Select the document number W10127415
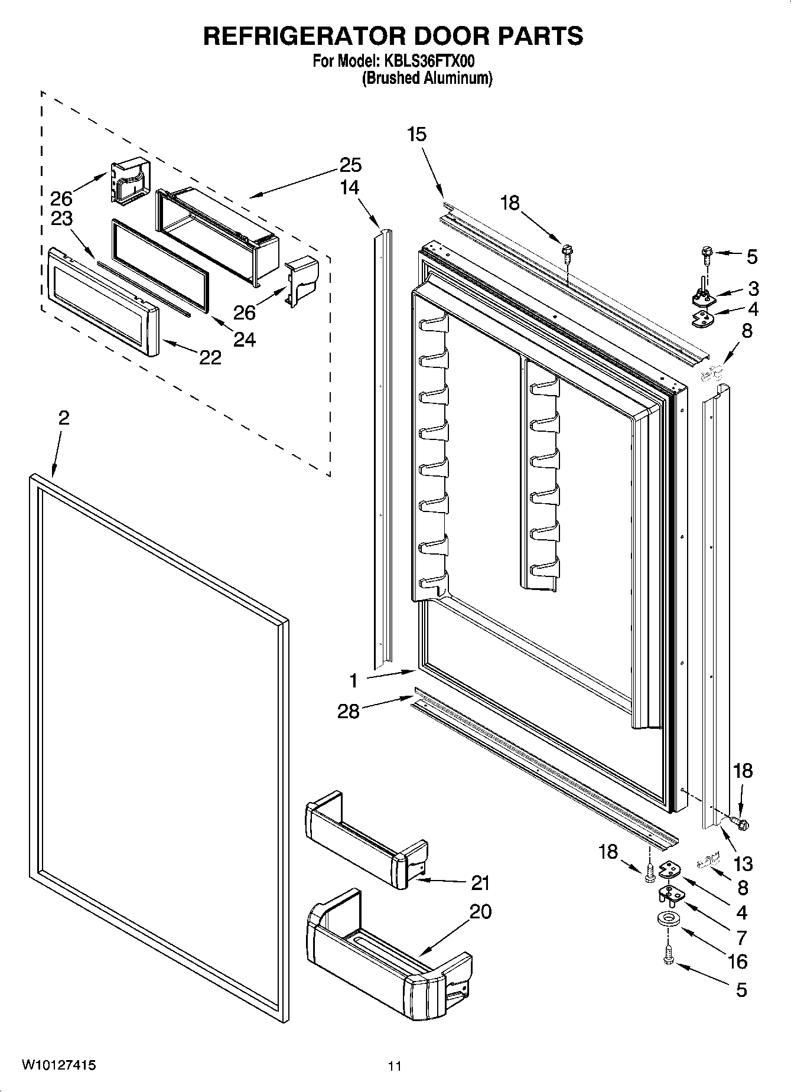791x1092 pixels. [59, 1065]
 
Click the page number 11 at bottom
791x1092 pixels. [395, 1066]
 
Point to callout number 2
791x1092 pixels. [64, 418]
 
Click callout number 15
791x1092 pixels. [416, 134]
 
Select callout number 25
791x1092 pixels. [350, 165]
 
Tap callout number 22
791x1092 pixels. [211, 357]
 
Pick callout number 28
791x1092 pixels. [349, 711]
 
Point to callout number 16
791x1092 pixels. [738, 961]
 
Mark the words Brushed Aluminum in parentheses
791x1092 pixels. [427, 78]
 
